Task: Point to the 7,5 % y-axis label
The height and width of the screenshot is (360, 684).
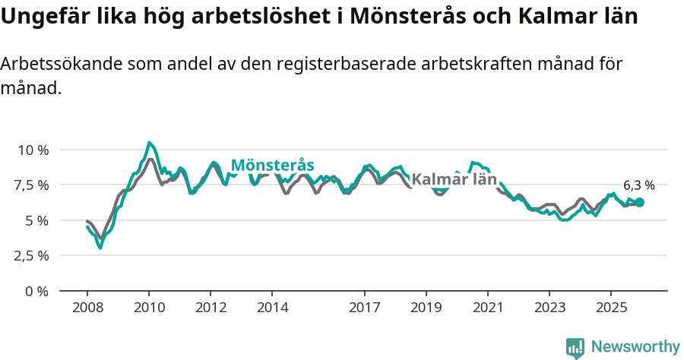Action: [x=32, y=185]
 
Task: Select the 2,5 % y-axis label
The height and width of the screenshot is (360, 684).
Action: [x=32, y=255]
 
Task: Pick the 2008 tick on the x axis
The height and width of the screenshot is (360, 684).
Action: [x=87, y=308]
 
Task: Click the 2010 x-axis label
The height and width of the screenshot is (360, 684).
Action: [x=149, y=308]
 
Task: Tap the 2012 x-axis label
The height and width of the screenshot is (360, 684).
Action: [x=211, y=308]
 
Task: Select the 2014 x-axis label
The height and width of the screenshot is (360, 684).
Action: [x=272, y=308]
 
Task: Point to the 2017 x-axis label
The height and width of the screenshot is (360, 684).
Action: [x=364, y=308]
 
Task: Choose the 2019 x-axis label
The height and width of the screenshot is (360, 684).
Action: [x=426, y=308]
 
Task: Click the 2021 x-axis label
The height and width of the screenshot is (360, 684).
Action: [x=487, y=308]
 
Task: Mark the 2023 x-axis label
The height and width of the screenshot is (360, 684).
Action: [x=549, y=308]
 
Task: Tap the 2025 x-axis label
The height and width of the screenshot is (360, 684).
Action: [x=610, y=308]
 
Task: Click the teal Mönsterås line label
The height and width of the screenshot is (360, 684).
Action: [x=272, y=165]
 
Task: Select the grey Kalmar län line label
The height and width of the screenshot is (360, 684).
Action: [x=454, y=180]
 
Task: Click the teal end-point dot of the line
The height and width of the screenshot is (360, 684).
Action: [x=639, y=203]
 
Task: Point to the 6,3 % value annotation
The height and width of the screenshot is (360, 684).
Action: [x=638, y=185]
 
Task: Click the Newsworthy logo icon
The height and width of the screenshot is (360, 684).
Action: [x=575, y=348]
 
